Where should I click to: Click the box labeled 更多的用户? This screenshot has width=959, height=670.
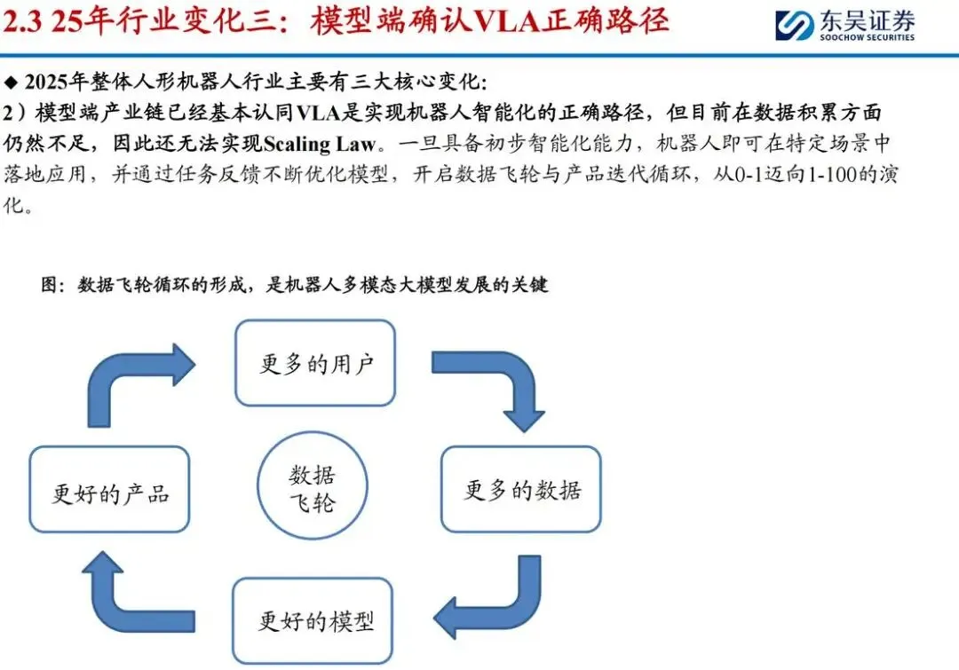click(x=315, y=363)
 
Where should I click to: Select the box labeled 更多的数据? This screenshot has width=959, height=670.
click(x=521, y=489)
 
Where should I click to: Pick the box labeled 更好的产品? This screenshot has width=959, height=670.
click(x=110, y=491)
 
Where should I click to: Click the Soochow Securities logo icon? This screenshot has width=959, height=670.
click(x=793, y=25)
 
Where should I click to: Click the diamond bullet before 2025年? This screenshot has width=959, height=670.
click(x=11, y=83)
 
